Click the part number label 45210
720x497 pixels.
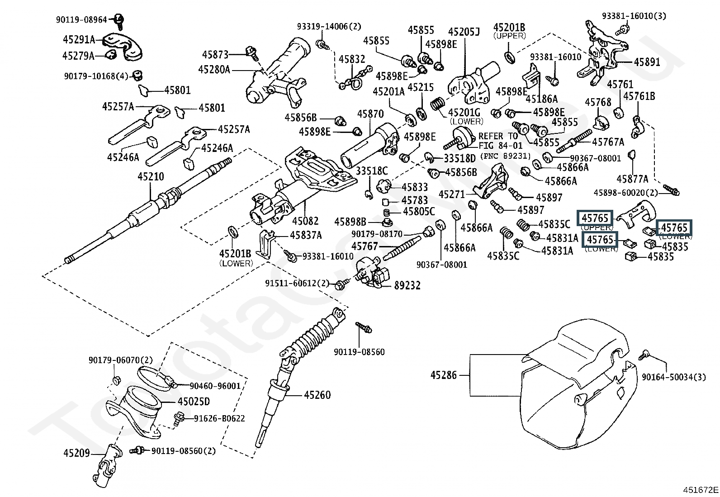coord(151,177)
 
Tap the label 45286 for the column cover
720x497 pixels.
coord(444,375)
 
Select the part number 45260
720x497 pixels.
coord(317,395)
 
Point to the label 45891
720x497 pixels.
coord(647,62)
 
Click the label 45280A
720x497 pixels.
coord(214,70)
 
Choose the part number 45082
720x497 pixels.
coord(305,221)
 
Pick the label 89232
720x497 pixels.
coord(407,285)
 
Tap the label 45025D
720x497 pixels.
coord(194,402)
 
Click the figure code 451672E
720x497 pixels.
coord(700,490)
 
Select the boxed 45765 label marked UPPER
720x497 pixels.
coord(595,218)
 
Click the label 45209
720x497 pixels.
coord(77,453)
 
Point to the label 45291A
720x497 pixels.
coord(79,40)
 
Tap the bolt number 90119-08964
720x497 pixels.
coord(81,19)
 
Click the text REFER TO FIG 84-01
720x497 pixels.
coord(501,141)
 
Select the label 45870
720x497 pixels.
coord(370,114)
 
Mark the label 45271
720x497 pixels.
coord(452,194)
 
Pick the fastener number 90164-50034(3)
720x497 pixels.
coord(673,377)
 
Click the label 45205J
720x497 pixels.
coord(464,32)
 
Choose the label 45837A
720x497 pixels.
coord(306,235)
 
